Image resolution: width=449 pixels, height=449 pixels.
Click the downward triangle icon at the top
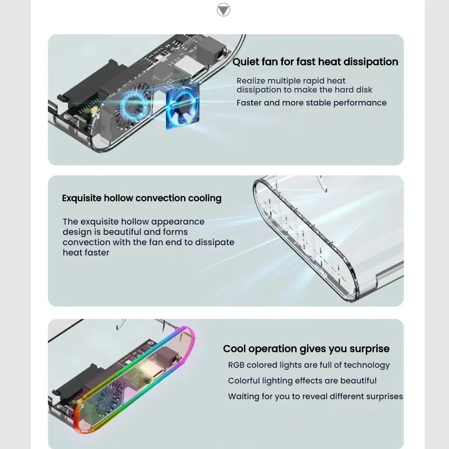tap(223, 10)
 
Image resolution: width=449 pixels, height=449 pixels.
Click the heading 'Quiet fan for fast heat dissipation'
tap(315, 62)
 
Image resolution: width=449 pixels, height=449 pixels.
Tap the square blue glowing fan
tap(183, 106)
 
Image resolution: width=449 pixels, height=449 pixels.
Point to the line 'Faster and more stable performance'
tap(312, 103)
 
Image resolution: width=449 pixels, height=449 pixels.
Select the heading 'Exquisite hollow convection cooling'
tap(142, 198)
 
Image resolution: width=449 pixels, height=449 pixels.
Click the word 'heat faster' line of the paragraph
tap(86, 252)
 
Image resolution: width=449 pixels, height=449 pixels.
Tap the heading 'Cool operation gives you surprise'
tap(306, 349)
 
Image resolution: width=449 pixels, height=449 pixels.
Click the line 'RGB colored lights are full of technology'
tap(309, 365)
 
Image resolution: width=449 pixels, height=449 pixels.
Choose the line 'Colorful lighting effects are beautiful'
tap(302, 381)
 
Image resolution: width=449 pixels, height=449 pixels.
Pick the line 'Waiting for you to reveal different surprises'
tap(315, 396)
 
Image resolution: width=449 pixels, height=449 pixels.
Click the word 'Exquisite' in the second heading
tap(82, 198)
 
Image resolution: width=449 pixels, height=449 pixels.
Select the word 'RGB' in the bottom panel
tap(236, 365)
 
